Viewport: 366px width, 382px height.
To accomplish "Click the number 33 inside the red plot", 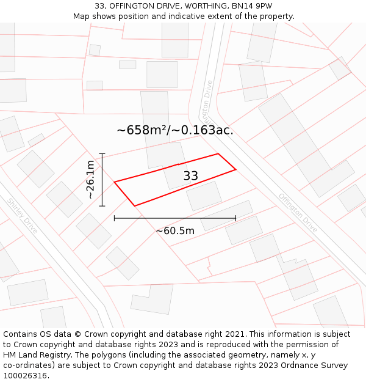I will [x=190, y=176].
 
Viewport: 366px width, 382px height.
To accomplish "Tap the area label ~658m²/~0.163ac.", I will [x=175, y=130].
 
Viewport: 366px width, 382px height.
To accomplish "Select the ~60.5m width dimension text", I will [x=175, y=231].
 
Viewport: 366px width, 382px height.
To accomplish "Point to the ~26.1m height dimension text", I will [x=90, y=180].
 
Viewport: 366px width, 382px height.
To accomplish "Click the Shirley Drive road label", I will [x=23, y=215].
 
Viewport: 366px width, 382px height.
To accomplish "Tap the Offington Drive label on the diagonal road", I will [x=298, y=212].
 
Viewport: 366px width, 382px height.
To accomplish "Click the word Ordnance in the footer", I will [x=295, y=365].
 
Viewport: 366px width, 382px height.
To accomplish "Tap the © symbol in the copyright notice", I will [x=77, y=334].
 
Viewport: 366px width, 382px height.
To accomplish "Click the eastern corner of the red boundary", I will [x=235, y=169].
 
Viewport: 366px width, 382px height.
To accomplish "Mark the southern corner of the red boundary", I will [x=135, y=206].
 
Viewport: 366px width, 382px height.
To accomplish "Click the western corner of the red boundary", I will [x=114, y=182].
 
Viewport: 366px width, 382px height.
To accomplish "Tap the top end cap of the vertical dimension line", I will [x=102, y=153].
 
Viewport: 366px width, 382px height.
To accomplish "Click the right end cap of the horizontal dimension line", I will [x=235, y=218].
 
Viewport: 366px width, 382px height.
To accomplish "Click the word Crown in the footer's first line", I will [x=98, y=334].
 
